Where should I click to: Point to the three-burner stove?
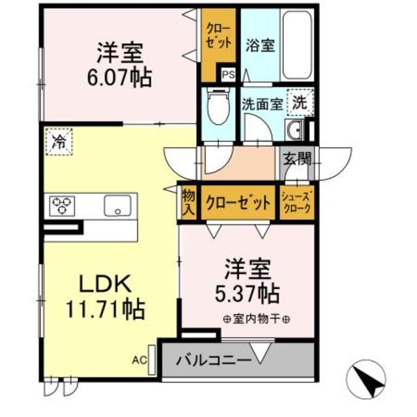[60, 206]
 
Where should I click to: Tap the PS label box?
[228, 74]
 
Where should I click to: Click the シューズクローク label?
[297, 203]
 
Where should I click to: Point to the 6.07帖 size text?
[121, 77]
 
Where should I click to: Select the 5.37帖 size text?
[248, 291]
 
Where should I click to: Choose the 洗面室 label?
[262, 103]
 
